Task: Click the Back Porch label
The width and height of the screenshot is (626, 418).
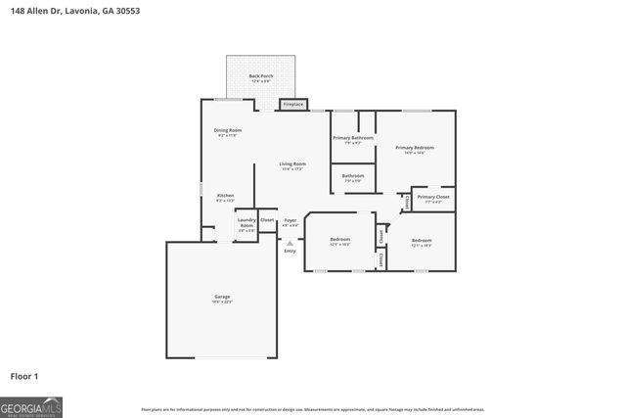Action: tap(260, 75)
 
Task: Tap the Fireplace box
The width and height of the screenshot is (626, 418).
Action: tap(293, 104)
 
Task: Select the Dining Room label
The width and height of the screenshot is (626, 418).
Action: tap(228, 130)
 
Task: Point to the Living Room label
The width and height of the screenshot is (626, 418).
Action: tap(292, 163)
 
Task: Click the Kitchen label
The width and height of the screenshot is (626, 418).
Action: tap(225, 196)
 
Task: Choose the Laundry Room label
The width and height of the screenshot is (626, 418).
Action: tap(246, 222)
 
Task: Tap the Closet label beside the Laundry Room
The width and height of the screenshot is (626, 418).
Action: tap(267, 219)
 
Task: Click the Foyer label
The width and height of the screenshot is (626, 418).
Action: tap(291, 221)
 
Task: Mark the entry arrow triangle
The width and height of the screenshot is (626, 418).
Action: tap(291, 239)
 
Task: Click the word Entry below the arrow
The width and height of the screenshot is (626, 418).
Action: tap(291, 252)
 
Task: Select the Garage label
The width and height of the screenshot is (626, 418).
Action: tap(222, 297)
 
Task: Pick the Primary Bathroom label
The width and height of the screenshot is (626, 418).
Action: tap(353, 138)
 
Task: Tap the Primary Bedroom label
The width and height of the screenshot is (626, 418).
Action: tap(415, 148)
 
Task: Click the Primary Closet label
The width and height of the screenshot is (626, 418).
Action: tap(433, 198)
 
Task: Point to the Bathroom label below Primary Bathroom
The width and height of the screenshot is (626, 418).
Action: tap(353, 176)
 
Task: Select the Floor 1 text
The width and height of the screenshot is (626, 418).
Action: tap(23, 376)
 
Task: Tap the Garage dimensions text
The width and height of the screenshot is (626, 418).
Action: tap(222, 302)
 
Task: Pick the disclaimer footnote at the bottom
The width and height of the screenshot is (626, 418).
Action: tap(313, 409)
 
